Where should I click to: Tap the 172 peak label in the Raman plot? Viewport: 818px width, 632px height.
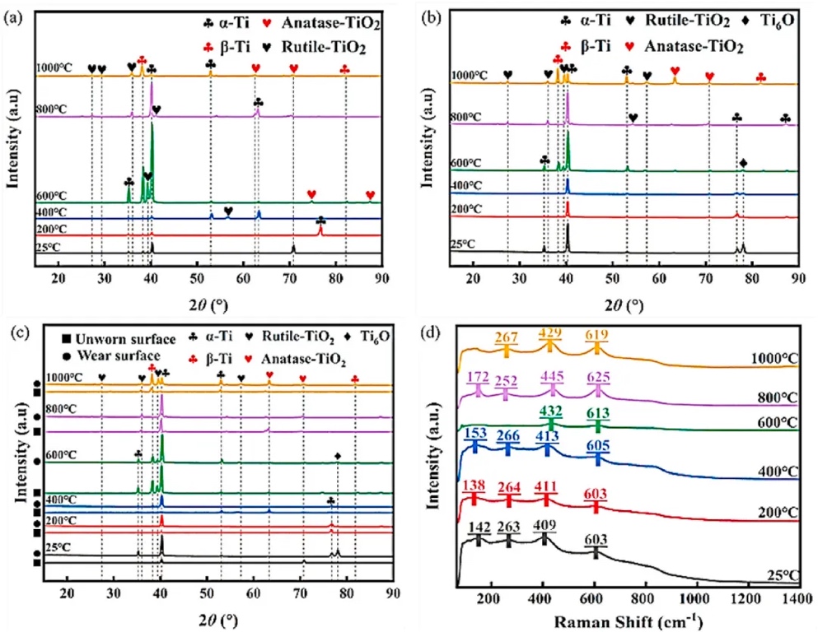(478, 377)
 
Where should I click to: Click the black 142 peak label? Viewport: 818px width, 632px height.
(478, 527)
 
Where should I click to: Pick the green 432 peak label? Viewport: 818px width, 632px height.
(550, 410)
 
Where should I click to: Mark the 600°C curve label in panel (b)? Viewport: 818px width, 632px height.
(467, 164)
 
